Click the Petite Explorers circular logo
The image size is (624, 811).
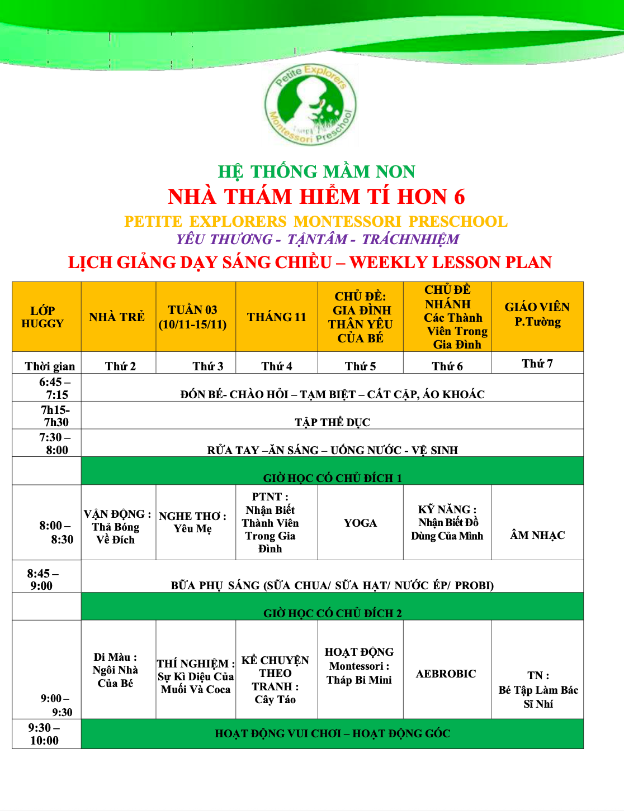click(x=311, y=104)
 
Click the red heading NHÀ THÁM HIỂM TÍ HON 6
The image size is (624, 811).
click(x=316, y=197)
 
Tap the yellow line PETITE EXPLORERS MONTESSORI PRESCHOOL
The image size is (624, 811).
click(x=316, y=222)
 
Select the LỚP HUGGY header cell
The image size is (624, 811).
click(x=43, y=317)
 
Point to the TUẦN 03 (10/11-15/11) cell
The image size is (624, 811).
click(x=193, y=317)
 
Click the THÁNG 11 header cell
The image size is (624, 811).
click(x=277, y=317)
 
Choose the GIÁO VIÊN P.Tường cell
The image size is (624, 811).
click(x=537, y=314)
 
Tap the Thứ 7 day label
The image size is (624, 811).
click(x=537, y=364)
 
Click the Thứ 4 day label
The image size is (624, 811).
click(x=277, y=366)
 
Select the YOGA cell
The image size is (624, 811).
click(x=361, y=523)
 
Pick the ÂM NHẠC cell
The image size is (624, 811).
click(x=537, y=535)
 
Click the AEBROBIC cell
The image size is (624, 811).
click(x=446, y=674)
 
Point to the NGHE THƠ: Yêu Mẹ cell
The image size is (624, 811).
click(x=193, y=522)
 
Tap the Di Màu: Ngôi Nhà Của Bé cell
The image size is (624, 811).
click(x=116, y=670)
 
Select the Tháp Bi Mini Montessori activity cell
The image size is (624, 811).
click(x=360, y=666)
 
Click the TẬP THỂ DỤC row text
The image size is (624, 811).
click(x=333, y=422)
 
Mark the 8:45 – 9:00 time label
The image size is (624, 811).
click(x=42, y=579)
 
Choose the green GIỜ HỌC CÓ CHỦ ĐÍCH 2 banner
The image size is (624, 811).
click(x=333, y=613)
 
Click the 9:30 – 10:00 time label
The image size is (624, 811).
click(x=44, y=734)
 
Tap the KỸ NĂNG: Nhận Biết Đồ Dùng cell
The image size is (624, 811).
click(x=447, y=523)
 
